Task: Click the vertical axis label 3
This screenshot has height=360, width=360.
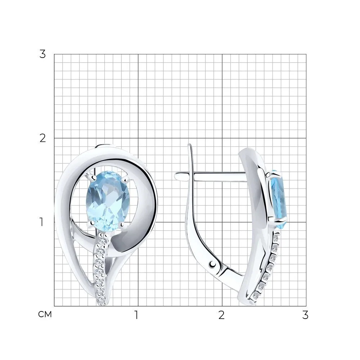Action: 42,54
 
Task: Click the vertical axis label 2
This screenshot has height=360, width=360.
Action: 42,138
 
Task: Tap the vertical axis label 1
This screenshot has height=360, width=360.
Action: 41,222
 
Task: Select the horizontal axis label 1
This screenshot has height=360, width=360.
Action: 136,315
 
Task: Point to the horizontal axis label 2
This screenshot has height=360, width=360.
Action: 221,315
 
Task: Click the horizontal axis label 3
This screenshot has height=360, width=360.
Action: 305,315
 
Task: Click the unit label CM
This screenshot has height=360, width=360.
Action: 45,315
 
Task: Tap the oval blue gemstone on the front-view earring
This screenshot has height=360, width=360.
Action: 108,201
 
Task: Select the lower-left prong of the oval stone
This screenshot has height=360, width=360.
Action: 91,223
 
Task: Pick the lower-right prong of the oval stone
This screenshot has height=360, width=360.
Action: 122,225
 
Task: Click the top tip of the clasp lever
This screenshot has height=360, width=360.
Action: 189,145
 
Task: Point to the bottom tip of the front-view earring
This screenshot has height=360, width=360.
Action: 102,305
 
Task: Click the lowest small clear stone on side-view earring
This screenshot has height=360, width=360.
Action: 255,297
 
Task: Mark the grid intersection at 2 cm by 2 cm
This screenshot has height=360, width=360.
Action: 222,138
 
